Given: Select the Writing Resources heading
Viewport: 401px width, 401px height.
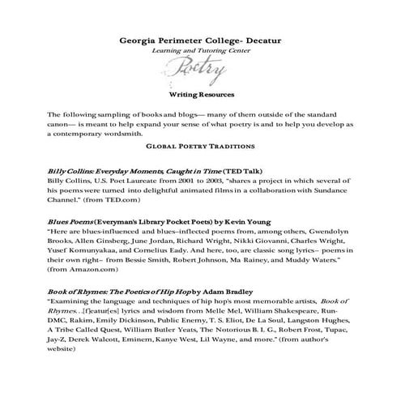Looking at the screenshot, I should tap(200, 95).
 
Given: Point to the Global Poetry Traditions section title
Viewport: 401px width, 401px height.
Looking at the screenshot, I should tap(200, 147).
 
